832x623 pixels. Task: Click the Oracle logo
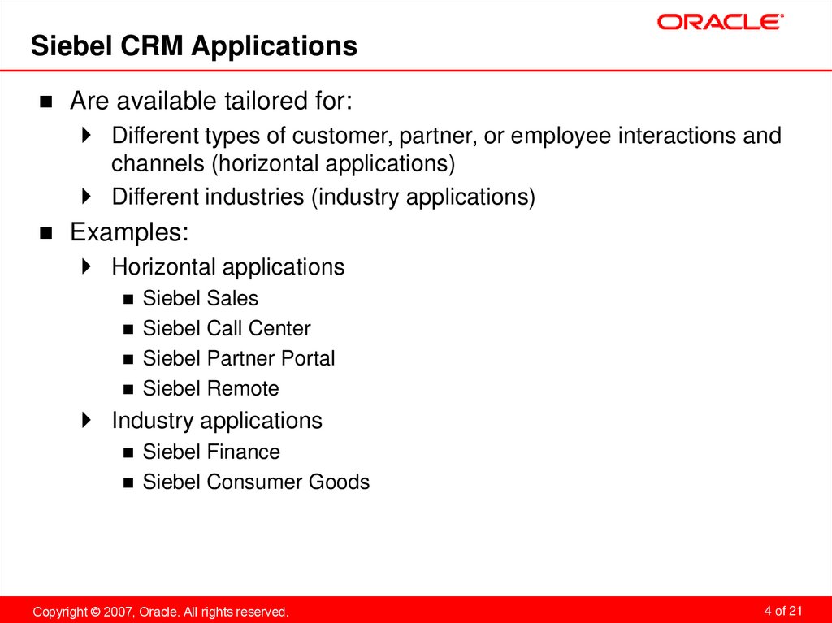pyautogui.click(x=720, y=21)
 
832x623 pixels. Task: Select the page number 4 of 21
pyautogui.click(x=783, y=610)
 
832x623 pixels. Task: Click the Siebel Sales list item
pyautogui.click(x=200, y=298)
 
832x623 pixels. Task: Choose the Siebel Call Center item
pyautogui.click(x=226, y=328)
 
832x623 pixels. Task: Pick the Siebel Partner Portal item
pyautogui.click(x=238, y=358)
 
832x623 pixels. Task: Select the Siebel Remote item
pyautogui.click(x=210, y=388)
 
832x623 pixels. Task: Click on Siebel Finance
pyautogui.click(x=210, y=452)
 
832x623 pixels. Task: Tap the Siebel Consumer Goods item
pyautogui.click(x=255, y=482)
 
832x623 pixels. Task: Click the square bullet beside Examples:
pyautogui.click(x=46, y=234)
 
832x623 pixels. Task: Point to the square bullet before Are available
pyautogui.click(x=46, y=102)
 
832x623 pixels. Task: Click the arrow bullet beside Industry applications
pyautogui.click(x=87, y=421)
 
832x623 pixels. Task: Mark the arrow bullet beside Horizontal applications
pyautogui.click(x=87, y=267)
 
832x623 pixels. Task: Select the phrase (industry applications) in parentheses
pyautogui.click(x=422, y=197)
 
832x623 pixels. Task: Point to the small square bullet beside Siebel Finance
pyautogui.click(x=128, y=452)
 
